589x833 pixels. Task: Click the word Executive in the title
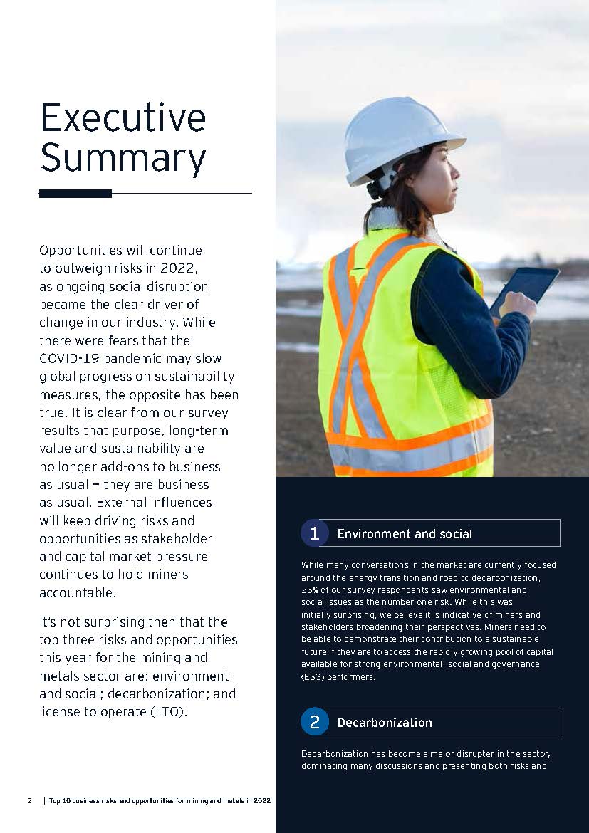pyautogui.click(x=123, y=117)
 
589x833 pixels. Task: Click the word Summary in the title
pyautogui.click(x=123, y=158)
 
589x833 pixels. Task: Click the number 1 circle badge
pyautogui.click(x=314, y=533)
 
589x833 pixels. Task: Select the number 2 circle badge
pyautogui.click(x=314, y=722)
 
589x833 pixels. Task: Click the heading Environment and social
pyautogui.click(x=405, y=534)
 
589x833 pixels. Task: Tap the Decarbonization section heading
pyautogui.click(x=385, y=723)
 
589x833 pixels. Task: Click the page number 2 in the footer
pyautogui.click(x=30, y=800)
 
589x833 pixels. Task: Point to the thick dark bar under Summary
pyautogui.click(x=75, y=193)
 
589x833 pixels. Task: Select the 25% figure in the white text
pyautogui.click(x=309, y=590)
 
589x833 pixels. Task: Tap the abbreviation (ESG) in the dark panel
pyautogui.click(x=313, y=677)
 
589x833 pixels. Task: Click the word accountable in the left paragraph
pyautogui.click(x=77, y=592)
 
